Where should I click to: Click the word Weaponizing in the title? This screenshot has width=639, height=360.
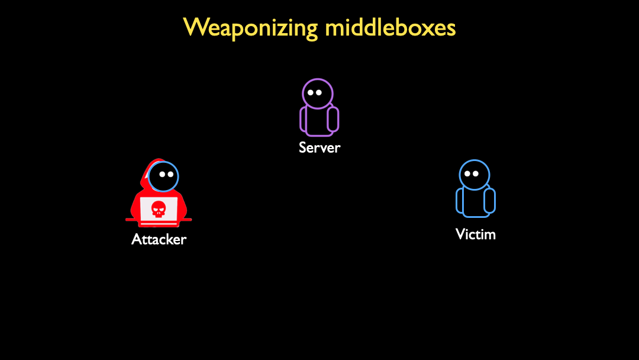pyautogui.click(x=250, y=28)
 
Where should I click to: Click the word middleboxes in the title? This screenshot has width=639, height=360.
pyautogui.click(x=390, y=27)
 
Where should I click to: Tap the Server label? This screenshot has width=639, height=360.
pyautogui.click(x=319, y=147)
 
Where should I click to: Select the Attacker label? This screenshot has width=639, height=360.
pyautogui.click(x=159, y=239)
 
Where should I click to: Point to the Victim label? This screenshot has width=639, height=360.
pyautogui.click(x=476, y=234)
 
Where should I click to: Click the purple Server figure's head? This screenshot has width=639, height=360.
pyautogui.click(x=318, y=94)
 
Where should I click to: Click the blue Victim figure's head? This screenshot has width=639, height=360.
pyautogui.click(x=475, y=175)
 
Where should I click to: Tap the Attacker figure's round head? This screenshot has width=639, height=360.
pyautogui.click(x=163, y=176)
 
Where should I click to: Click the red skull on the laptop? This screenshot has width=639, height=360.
pyautogui.click(x=159, y=209)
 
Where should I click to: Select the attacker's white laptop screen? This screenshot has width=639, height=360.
pyautogui.click(x=159, y=210)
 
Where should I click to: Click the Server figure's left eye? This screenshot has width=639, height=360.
pyautogui.click(x=311, y=92)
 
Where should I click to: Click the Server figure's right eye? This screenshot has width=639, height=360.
pyautogui.click(x=319, y=92)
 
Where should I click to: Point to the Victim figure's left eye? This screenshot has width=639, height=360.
pyautogui.click(x=467, y=173)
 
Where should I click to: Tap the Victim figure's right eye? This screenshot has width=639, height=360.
pyautogui.click(x=475, y=173)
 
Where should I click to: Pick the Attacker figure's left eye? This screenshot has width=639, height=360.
pyautogui.click(x=162, y=175)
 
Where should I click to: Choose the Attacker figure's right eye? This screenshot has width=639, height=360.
pyautogui.click(x=170, y=175)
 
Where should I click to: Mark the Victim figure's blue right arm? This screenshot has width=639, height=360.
pyautogui.click(x=489, y=201)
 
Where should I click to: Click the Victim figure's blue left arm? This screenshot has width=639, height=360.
pyautogui.click(x=460, y=201)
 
